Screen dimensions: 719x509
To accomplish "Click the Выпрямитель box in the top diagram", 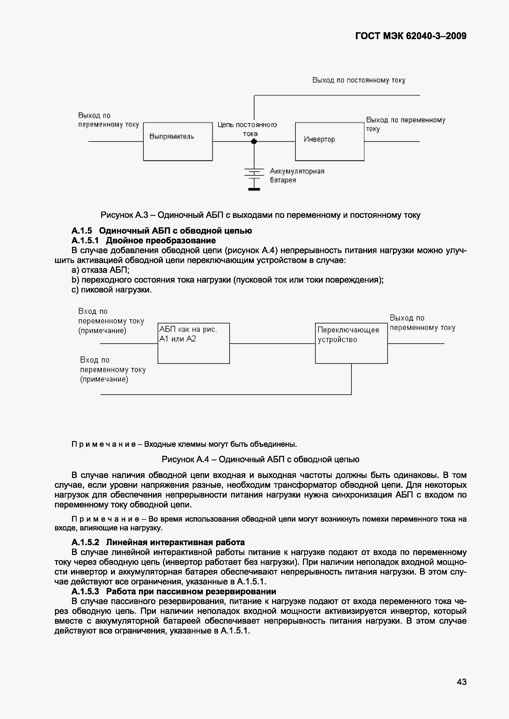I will pyautogui.click(x=178, y=142).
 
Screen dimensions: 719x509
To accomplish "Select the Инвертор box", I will pyautogui.click(x=330, y=142).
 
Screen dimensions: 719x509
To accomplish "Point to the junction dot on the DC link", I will pyautogui.click(x=254, y=142).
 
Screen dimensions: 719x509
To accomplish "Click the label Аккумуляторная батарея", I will pyautogui.click(x=297, y=176).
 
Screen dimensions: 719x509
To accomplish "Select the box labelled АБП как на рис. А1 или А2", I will pyautogui.click(x=194, y=343).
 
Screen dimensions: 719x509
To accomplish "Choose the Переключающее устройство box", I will pyautogui.click(x=351, y=343).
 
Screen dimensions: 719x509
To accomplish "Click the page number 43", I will pyautogui.click(x=462, y=682).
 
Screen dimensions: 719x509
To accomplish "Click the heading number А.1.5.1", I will pyautogui.click(x=85, y=240).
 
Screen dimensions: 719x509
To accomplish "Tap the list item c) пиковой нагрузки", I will pyautogui.click(x=112, y=290).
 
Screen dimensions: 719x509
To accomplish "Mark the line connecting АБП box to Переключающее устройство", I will pyautogui.click(x=272, y=344).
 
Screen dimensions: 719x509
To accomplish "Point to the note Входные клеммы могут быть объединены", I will pyautogui.click(x=220, y=444).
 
